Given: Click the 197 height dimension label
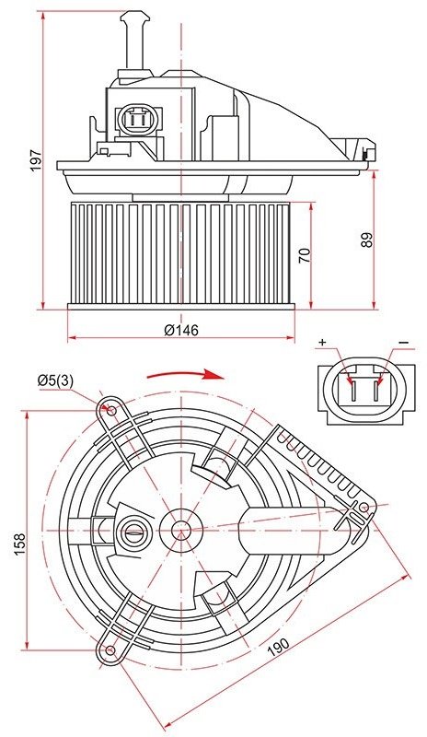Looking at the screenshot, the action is (36, 160).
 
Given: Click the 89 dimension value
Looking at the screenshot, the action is (367, 240).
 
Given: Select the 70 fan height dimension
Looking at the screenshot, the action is (305, 255).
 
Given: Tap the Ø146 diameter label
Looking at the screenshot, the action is (181, 330).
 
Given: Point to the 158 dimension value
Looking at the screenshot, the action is (19, 544).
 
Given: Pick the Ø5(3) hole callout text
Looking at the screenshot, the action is (55, 380).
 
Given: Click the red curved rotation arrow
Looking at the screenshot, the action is (186, 374).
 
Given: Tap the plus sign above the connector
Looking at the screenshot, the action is (322, 343).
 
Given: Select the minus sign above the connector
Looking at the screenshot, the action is (404, 343).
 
